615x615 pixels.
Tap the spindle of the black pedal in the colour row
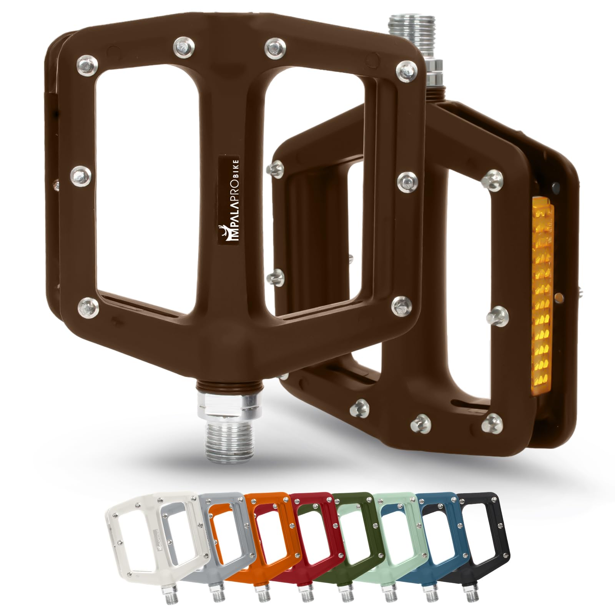point(470,600)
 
